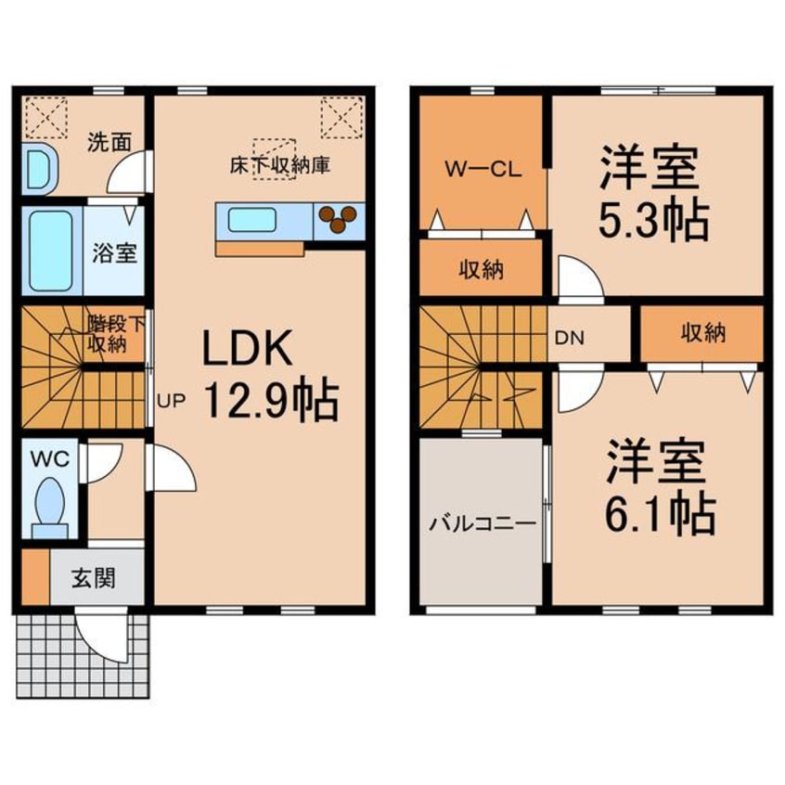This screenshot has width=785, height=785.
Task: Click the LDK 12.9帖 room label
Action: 267,375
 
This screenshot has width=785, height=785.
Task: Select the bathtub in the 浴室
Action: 51,251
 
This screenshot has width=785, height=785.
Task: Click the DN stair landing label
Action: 569,337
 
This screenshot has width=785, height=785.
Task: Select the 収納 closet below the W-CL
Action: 481,271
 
